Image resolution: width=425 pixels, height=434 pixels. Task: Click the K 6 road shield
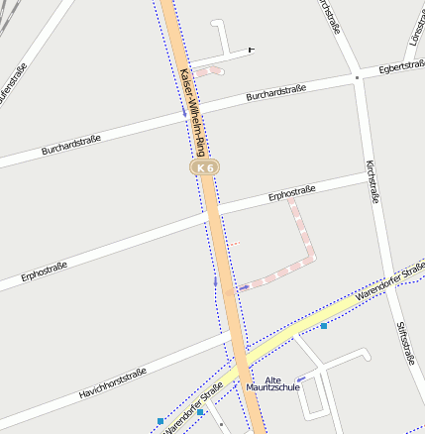(205, 169)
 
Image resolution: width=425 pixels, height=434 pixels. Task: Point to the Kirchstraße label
(373, 181)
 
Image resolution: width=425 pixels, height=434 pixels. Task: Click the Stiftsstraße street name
(404, 343)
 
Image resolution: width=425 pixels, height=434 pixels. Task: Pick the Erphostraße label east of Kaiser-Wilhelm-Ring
(291, 192)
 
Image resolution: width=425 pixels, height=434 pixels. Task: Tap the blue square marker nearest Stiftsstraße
(323, 325)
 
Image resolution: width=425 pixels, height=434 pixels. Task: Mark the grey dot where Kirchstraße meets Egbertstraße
(357, 76)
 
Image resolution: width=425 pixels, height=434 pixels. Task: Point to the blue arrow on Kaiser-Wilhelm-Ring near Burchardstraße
(183, 113)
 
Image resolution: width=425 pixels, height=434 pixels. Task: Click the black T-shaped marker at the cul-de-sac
(251, 49)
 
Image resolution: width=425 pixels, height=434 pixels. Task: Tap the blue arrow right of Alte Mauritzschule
(301, 380)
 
